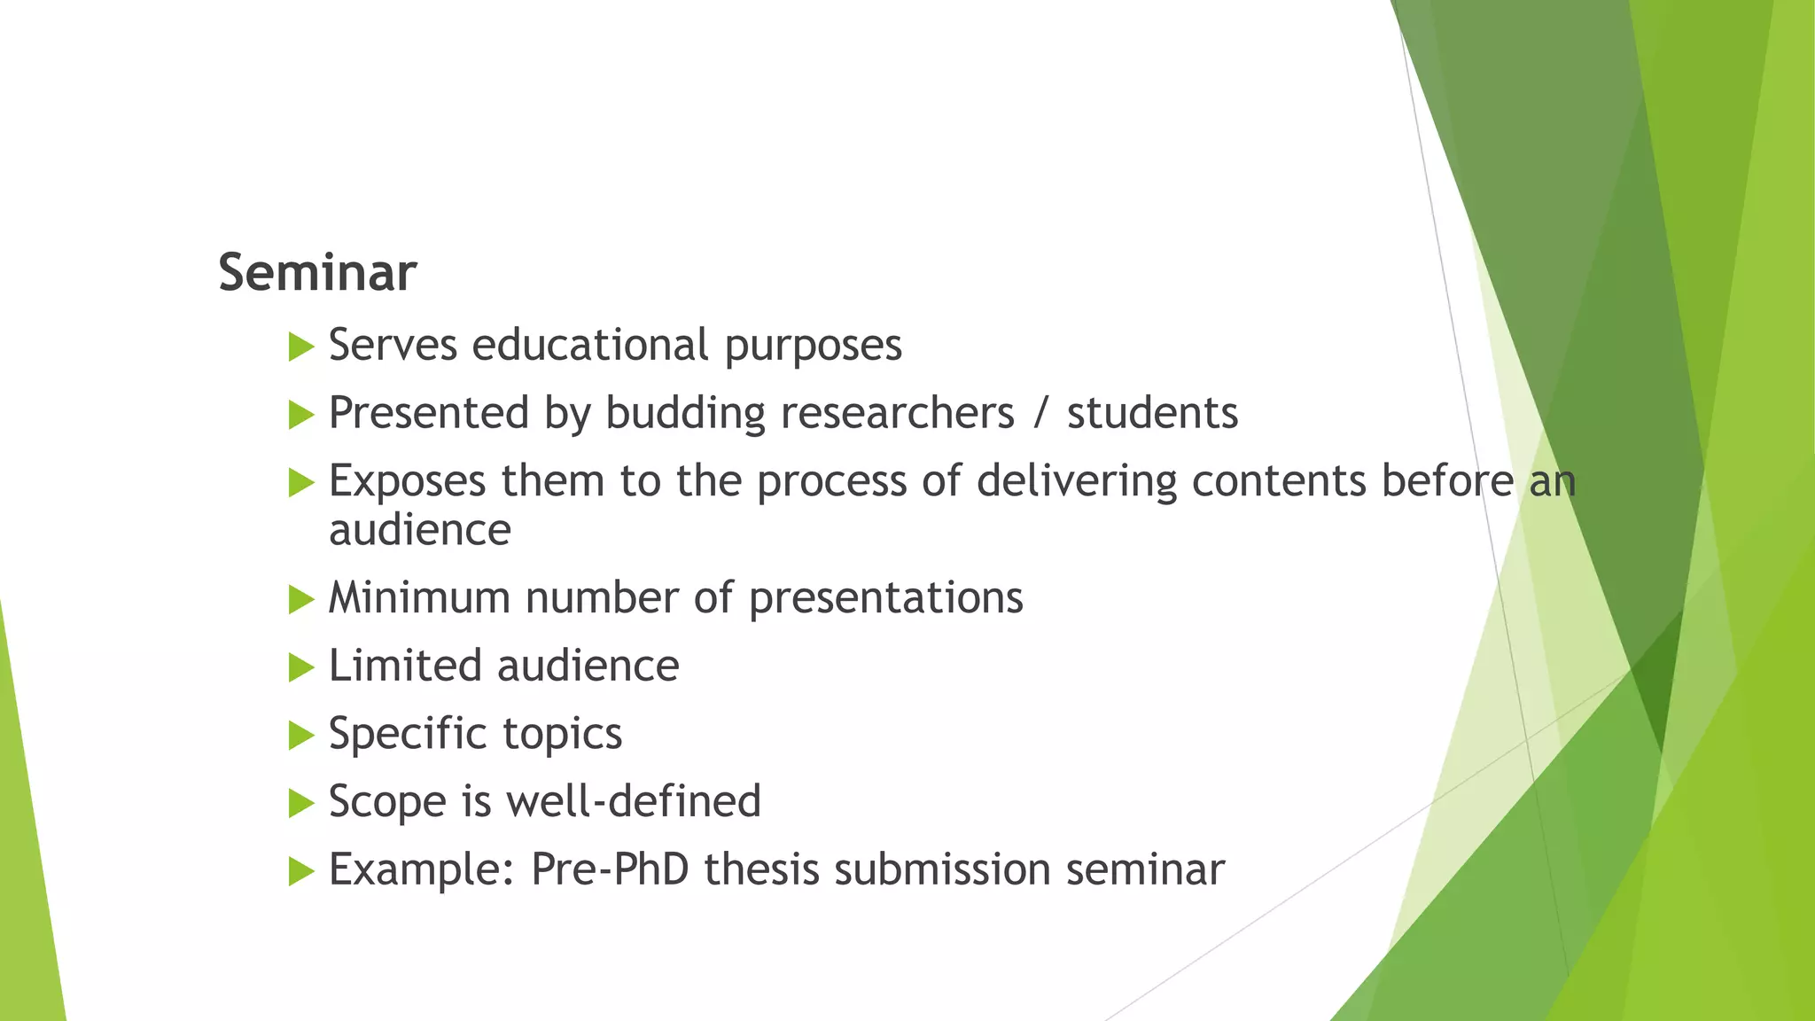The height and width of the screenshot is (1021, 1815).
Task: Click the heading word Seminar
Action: tap(317, 272)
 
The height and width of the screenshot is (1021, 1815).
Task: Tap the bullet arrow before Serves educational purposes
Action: tap(301, 347)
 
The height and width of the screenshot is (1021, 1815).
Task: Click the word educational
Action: tap(590, 345)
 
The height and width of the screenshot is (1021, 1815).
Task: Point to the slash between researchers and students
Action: tap(1040, 414)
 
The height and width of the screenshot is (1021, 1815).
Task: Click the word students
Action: tap(1152, 413)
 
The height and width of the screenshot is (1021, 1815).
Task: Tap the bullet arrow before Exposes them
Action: tap(301, 483)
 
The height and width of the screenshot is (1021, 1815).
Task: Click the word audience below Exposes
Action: tap(420, 530)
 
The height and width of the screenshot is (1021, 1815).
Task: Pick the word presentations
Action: tap(885, 598)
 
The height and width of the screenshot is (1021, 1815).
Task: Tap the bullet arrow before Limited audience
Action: tap(301, 667)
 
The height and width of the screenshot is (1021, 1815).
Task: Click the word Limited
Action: tap(403, 666)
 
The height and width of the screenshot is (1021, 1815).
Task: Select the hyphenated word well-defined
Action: tap(633, 801)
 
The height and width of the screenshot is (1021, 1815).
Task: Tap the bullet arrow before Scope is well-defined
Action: tap(301, 804)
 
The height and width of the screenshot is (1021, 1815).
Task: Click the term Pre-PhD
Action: tap(610, 869)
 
